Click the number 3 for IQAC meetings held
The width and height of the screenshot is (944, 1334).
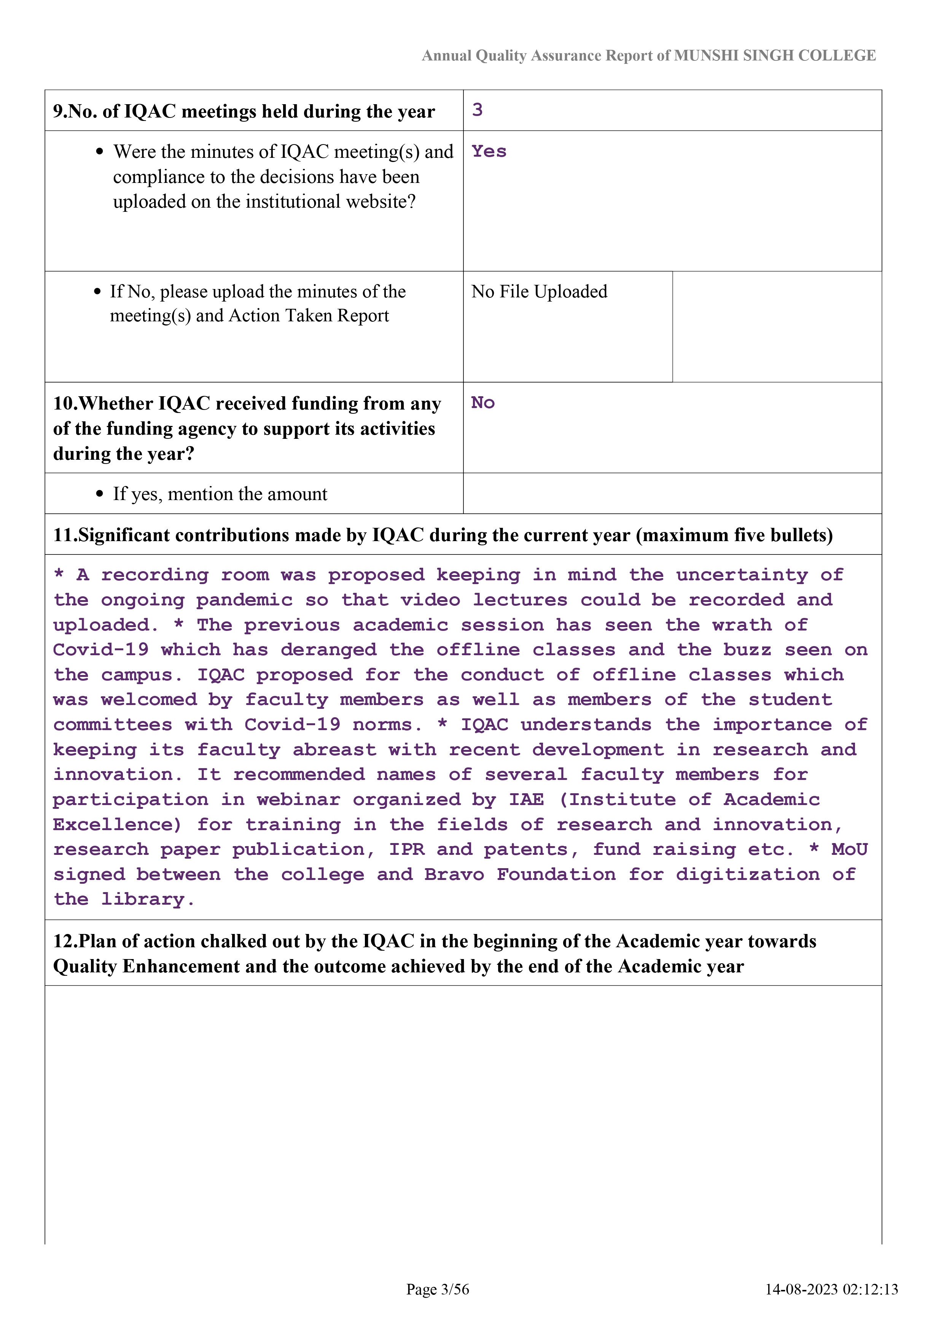pos(477,110)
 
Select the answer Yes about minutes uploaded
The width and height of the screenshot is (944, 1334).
pos(489,152)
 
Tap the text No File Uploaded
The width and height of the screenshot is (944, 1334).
pos(539,292)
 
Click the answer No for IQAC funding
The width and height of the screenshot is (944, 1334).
pos(482,403)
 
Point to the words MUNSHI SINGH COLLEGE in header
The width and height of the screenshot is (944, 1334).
pos(775,56)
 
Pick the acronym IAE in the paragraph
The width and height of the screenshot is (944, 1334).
pos(527,800)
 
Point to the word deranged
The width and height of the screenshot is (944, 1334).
pos(328,650)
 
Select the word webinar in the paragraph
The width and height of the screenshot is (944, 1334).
pos(298,800)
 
